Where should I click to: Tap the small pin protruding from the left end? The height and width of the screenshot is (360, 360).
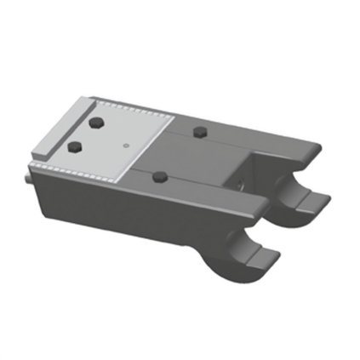(x=28, y=180)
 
